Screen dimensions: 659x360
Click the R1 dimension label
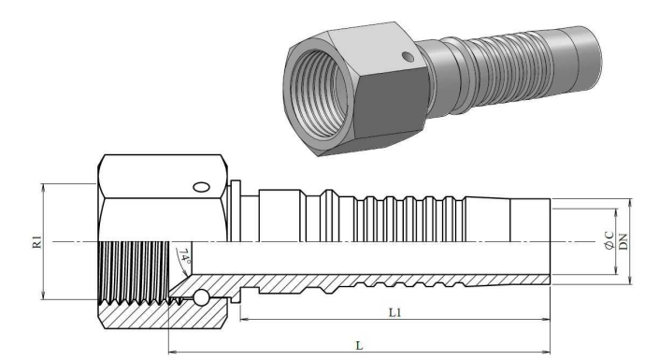[37, 242]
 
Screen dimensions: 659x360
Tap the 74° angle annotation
[184, 256]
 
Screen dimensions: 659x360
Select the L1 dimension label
[394, 312]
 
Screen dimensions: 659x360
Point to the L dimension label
[359, 346]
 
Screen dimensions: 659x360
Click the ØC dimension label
[609, 241]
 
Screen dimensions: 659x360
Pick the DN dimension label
[623, 241]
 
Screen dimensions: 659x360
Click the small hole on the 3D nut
[408, 56]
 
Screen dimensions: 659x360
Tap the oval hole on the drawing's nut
[201, 187]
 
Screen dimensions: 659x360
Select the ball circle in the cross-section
[200, 297]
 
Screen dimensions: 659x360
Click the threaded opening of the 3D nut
[320, 93]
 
